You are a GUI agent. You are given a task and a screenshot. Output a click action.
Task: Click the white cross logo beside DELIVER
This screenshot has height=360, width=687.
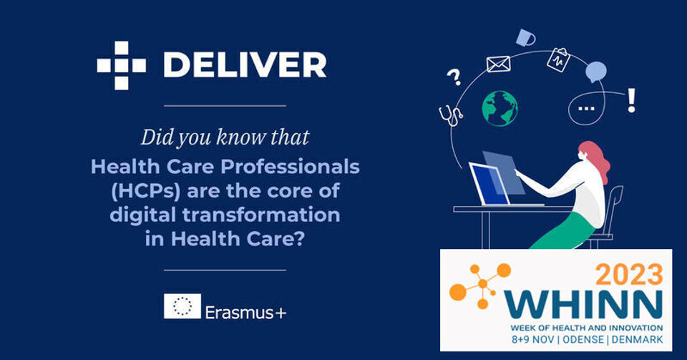coord(122,66)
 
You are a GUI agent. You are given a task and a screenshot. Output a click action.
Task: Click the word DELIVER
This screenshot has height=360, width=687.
coord(245,66)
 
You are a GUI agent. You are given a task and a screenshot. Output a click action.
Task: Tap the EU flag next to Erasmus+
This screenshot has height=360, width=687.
coord(182,306)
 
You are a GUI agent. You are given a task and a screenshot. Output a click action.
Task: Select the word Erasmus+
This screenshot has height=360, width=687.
coord(245,312)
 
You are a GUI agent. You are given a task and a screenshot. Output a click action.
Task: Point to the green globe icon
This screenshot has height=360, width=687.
coord(500,108)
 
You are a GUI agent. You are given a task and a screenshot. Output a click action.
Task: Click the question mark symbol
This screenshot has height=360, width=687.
coord(454,77)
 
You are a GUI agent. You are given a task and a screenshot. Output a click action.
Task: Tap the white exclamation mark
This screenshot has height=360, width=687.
coord(631,100)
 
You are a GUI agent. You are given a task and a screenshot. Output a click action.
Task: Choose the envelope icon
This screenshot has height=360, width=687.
coord(499,64)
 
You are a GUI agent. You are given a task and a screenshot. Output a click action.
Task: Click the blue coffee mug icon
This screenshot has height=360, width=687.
coord(525,38)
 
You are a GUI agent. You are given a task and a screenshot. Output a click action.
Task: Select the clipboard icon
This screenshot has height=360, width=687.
coord(559,59)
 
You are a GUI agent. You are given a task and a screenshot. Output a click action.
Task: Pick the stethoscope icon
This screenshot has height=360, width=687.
coord(451,116)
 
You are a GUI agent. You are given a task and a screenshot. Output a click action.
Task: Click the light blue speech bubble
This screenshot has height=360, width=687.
coord(596,72)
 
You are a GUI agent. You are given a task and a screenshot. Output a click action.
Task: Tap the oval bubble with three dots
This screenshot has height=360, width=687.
coord(586,108)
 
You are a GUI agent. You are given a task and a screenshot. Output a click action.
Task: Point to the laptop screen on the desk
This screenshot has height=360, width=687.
coord(489,184)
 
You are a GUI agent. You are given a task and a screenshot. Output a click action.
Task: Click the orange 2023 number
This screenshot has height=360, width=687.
coord(629,274)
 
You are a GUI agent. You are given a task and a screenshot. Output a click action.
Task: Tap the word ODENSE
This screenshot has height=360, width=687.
coord(583,339)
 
